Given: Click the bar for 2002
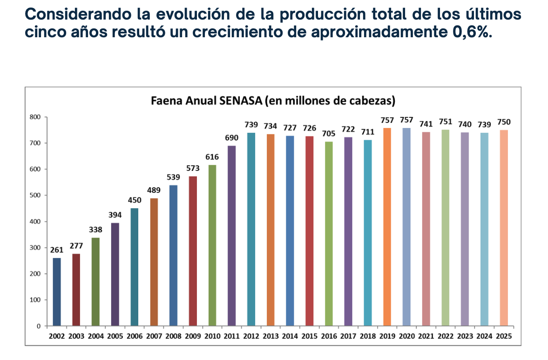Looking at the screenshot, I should [57, 292].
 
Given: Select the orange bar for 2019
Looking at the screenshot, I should [387, 227].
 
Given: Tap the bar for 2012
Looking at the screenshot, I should [251, 229].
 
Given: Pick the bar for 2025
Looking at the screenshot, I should [503, 228].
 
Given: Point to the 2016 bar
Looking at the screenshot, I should [329, 234].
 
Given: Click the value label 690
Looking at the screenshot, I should [231, 137].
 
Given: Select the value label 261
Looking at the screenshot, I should [57, 250].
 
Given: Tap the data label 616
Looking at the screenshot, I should [212, 157].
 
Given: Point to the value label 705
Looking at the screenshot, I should [329, 134].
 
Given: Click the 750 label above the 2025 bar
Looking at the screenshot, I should [503, 122].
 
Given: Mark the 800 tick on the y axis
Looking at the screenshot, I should [35, 117].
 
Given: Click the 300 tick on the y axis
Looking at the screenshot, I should [35, 248].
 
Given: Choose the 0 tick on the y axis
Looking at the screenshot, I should [39, 326].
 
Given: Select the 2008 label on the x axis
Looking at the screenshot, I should [173, 336].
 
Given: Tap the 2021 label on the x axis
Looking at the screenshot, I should [426, 336].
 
